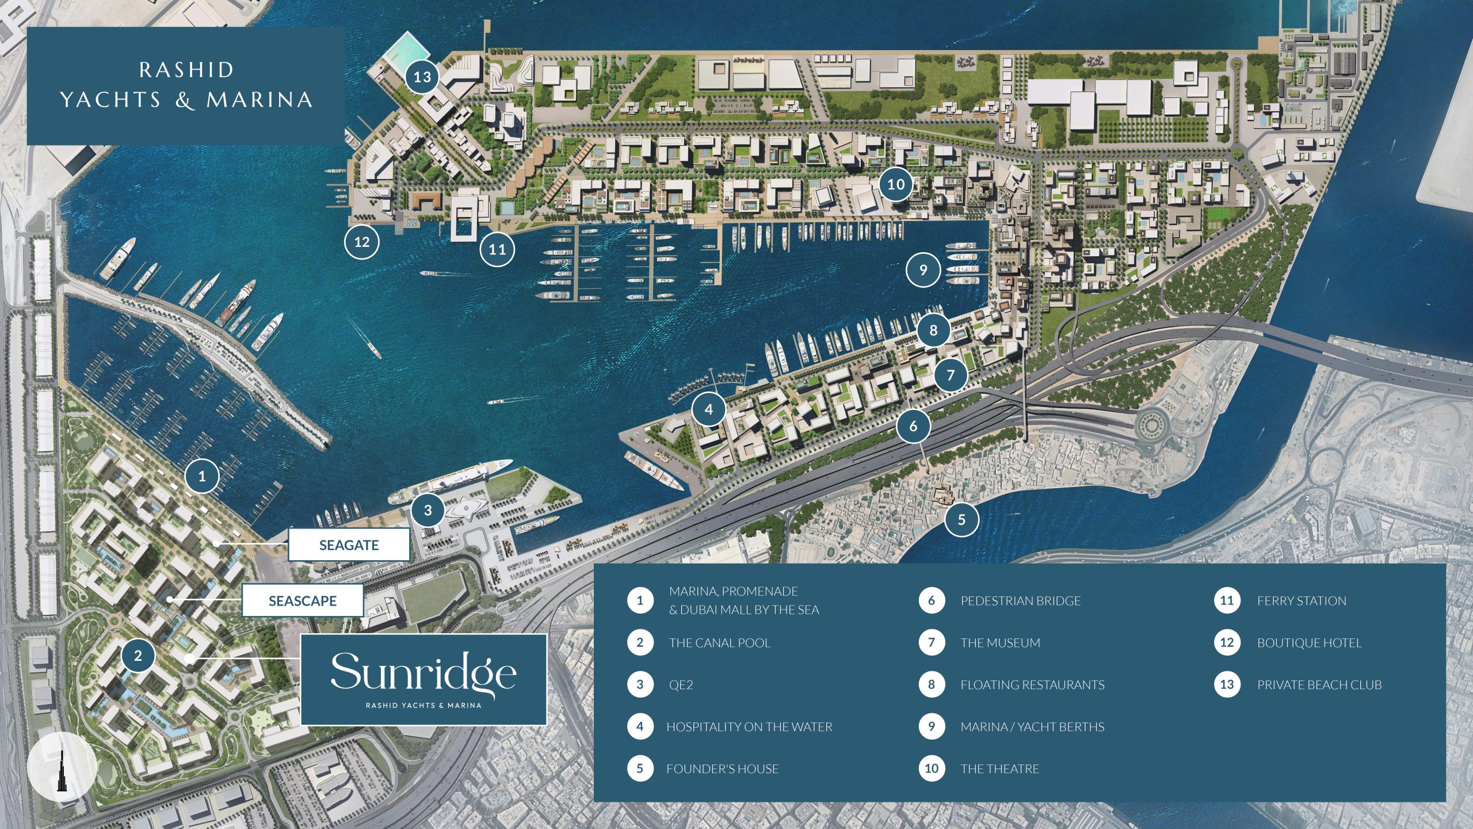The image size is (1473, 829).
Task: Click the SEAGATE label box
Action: tap(349, 545)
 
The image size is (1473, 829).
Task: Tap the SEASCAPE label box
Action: tap(303, 600)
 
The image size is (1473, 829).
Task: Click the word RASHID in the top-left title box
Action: tap(186, 70)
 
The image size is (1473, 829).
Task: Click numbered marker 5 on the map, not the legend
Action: tap(961, 519)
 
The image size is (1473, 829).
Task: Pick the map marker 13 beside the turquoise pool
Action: tap(422, 77)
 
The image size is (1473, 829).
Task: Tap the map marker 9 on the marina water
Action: tap(923, 269)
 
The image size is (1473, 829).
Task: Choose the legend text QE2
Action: tap(681, 685)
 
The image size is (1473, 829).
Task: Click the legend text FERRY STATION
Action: tap(1302, 600)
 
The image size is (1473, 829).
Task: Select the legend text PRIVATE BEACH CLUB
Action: tap(1319, 685)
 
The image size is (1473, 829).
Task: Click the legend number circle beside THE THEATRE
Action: tap(932, 769)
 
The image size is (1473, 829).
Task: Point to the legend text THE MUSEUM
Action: tap(1000, 642)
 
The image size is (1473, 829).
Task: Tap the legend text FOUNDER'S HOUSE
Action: tap(722, 769)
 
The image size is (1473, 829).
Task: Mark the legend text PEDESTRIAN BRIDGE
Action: tap(1020, 600)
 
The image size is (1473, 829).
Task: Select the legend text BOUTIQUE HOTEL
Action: tap(1309, 642)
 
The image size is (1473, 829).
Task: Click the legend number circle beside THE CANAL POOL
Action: tap(640, 642)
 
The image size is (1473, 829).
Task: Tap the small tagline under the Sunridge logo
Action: tap(423, 705)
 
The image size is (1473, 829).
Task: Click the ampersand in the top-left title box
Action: tap(184, 100)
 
